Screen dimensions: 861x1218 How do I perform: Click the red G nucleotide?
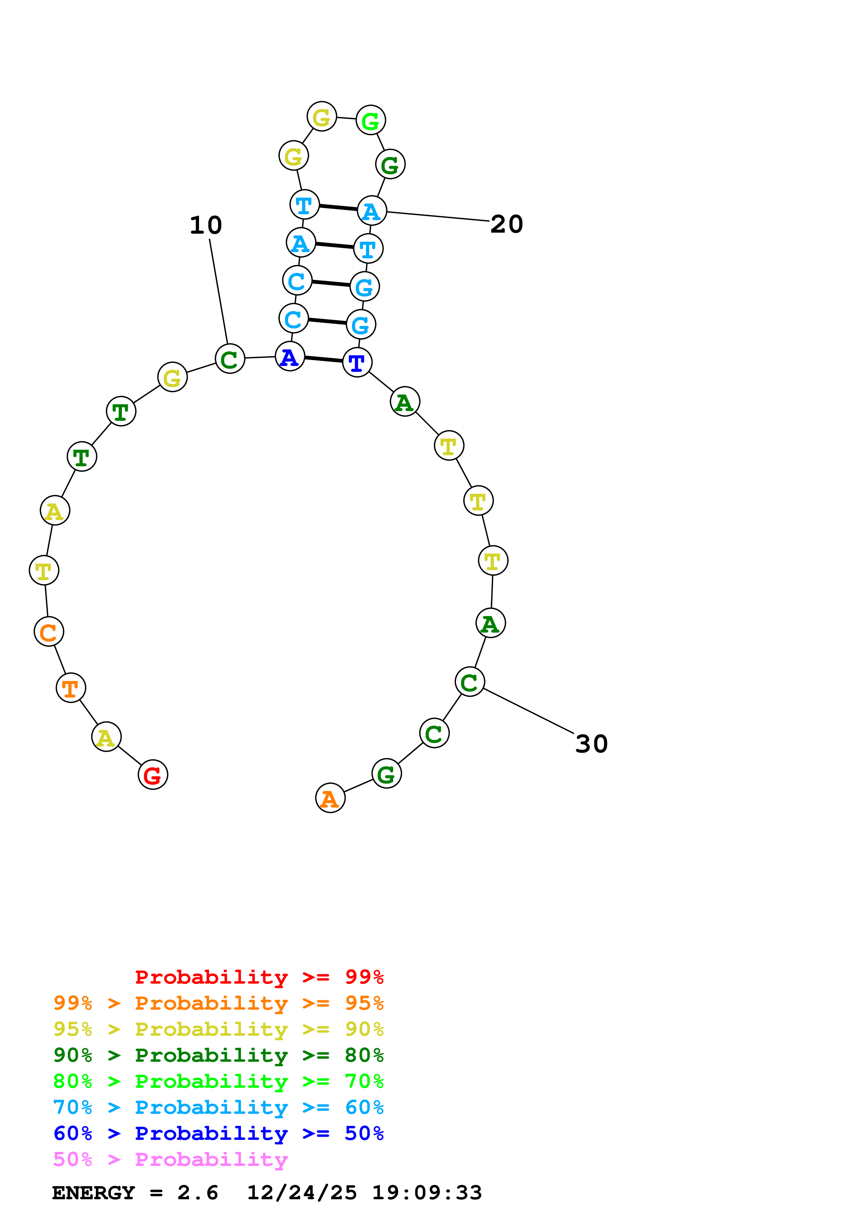pos(153,775)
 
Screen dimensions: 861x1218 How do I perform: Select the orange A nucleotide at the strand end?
pos(330,798)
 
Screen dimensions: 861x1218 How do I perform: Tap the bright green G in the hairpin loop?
pos(370,120)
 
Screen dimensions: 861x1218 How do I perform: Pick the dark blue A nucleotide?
pos(290,357)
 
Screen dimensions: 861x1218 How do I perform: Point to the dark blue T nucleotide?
pos(357,363)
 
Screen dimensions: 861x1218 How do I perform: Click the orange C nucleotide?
pos(49,632)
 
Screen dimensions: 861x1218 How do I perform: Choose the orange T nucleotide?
pos(71,688)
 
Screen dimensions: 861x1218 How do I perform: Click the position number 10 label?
pos(206,225)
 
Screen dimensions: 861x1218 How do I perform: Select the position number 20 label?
pos(507,224)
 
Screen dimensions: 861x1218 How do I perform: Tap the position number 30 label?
pos(591,744)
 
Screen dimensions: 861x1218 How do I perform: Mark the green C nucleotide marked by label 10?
pos(230,359)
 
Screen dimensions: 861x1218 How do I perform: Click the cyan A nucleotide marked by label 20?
pos(372,211)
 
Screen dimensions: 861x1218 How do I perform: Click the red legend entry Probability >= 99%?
pos(259,977)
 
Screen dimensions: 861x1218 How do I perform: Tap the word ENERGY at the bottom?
pos(93,1193)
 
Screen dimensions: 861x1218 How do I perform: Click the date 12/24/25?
pos(301,1193)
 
